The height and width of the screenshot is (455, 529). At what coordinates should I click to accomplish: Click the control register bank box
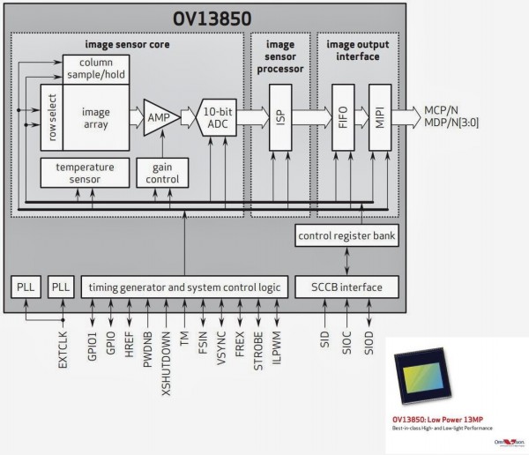tap(346, 235)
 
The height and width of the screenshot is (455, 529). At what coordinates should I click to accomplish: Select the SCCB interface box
tap(346, 287)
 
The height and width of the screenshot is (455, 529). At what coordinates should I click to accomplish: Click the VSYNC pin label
tap(221, 345)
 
